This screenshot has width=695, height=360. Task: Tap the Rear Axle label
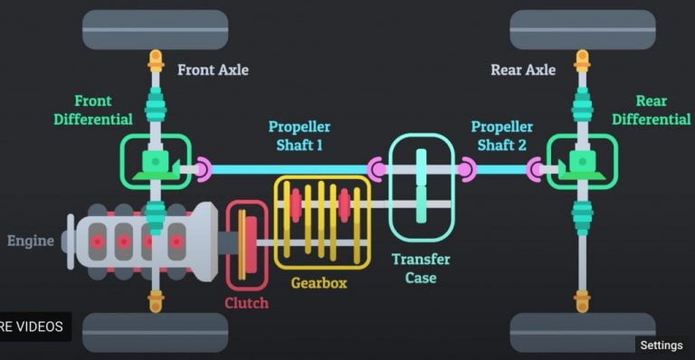pyautogui.click(x=524, y=70)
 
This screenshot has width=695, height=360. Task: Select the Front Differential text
pyautogui.click(x=92, y=110)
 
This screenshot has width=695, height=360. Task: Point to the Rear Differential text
pyautogui.click(x=651, y=110)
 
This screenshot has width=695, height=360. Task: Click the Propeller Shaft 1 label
pyautogui.click(x=299, y=136)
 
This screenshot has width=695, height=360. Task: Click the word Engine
pyautogui.click(x=30, y=242)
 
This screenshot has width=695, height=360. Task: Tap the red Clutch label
pyautogui.click(x=246, y=303)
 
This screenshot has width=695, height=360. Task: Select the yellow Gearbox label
pyautogui.click(x=319, y=282)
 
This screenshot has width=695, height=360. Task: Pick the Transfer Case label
pyautogui.click(x=421, y=269)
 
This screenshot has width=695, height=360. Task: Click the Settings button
pyautogui.click(x=661, y=345)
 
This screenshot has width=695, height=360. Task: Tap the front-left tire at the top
pyautogui.click(x=155, y=30)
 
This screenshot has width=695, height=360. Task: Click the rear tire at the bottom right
pyautogui.click(x=582, y=332)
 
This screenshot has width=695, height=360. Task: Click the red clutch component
pyautogui.click(x=246, y=243)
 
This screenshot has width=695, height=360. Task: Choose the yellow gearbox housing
pyautogui.click(x=321, y=222)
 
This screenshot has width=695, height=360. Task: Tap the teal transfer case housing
pyautogui.click(x=421, y=187)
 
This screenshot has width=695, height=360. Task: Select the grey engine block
pyautogui.click(x=145, y=242)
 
